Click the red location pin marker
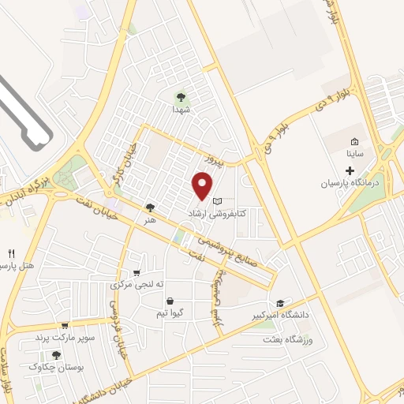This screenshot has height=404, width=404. tap(203, 185)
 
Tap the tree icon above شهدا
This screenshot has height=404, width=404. tap(181, 98)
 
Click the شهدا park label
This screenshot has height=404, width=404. tap(181, 111)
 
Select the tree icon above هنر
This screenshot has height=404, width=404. tap(150, 208)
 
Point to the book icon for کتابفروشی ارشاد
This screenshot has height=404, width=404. tap(218, 202)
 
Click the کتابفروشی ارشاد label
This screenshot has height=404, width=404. tap(218, 214)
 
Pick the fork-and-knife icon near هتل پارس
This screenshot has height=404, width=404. tap(11, 253)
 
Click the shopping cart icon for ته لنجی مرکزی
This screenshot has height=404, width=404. tap(137, 273)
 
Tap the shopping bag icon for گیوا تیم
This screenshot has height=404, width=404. tap(170, 301)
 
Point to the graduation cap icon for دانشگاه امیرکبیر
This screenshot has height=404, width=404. tap(280, 304)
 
